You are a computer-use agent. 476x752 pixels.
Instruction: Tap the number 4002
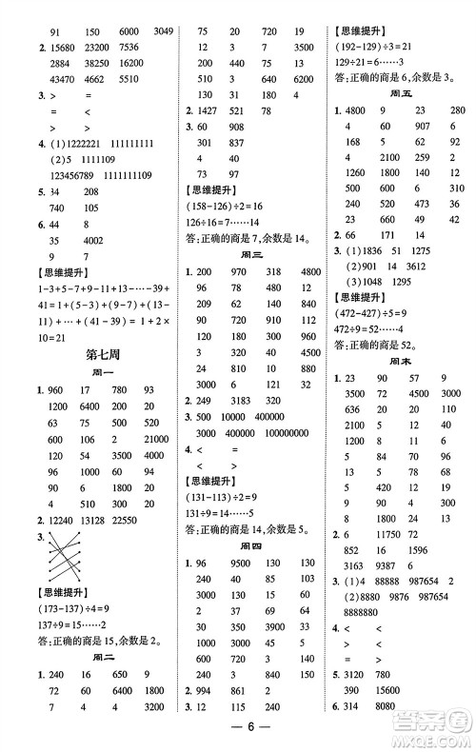pos(96,241)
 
